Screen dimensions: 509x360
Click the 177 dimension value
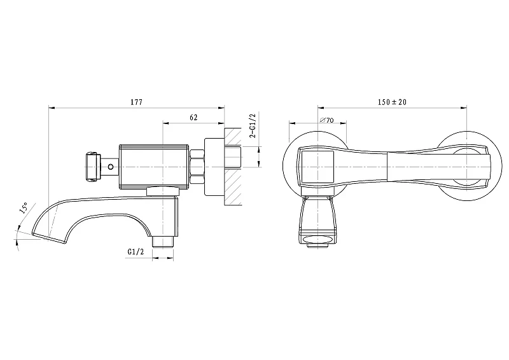point(136,102)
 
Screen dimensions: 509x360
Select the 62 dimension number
point(193,118)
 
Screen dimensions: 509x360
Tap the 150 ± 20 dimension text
point(392,102)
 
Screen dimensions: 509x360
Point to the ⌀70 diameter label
point(326,120)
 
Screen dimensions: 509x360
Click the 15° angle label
point(24,208)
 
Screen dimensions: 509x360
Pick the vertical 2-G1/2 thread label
point(253,126)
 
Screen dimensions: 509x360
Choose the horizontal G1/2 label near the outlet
point(136,252)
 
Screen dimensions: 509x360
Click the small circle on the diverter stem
point(111,167)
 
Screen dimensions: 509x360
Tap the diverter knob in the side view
point(91,167)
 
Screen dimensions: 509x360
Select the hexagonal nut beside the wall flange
point(197,167)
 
